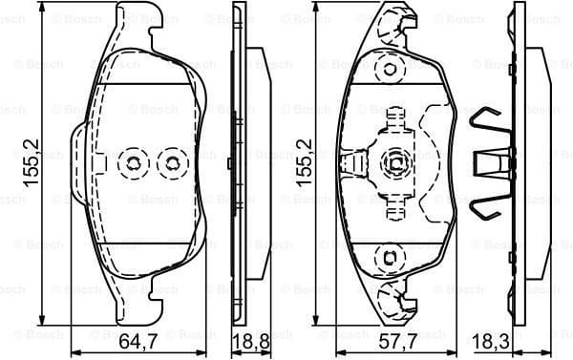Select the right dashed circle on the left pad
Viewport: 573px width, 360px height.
[172, 164]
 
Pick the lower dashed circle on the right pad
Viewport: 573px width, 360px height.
[389, 256]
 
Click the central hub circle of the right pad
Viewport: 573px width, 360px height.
[392, 163]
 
